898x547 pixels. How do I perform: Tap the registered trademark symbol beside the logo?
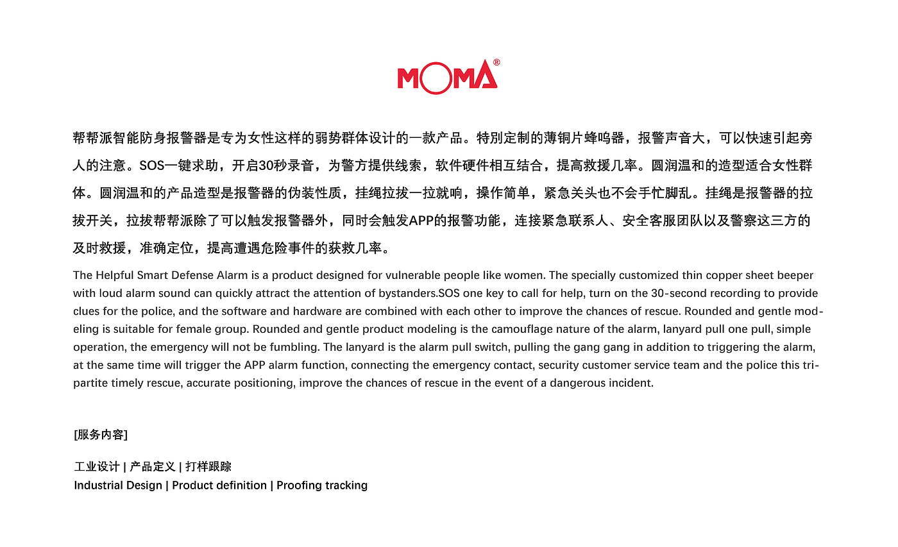coord(496,62)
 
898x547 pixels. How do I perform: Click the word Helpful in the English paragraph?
coord(115,275)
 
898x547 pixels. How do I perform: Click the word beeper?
coord(795,275)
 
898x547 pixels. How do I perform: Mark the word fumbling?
coord(296,347)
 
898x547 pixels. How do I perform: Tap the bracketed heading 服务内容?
coord(101,435)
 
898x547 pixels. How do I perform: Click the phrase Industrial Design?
coord(118,485)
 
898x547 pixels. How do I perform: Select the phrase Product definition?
coord(219,485)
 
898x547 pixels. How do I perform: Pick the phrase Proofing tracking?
coord(322,485)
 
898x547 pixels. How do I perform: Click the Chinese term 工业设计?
coord(97,467)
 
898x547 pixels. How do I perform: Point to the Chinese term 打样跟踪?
coord(208,467)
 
